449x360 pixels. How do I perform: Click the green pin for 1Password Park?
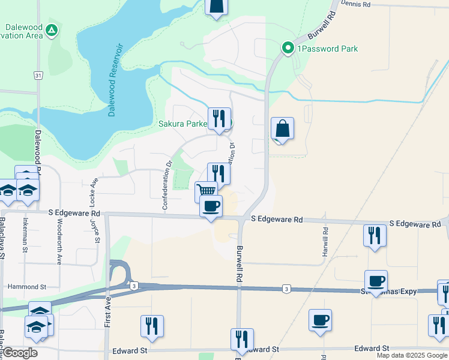[288, 48]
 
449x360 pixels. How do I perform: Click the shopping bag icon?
[282, 128]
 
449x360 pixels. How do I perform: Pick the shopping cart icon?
[206, 191]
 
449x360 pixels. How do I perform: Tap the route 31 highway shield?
[38, 76]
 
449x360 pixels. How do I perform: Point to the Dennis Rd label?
[356, 4]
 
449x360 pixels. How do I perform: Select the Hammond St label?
[23, 287]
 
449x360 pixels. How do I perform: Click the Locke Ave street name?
[94, 191]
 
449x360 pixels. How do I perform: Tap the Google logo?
[20, 353]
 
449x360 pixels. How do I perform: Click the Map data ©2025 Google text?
[412, 355]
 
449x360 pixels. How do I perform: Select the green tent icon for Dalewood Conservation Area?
[52, 29]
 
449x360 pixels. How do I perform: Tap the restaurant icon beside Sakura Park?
[219, 118]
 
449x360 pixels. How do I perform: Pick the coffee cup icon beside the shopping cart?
[211, 206]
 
